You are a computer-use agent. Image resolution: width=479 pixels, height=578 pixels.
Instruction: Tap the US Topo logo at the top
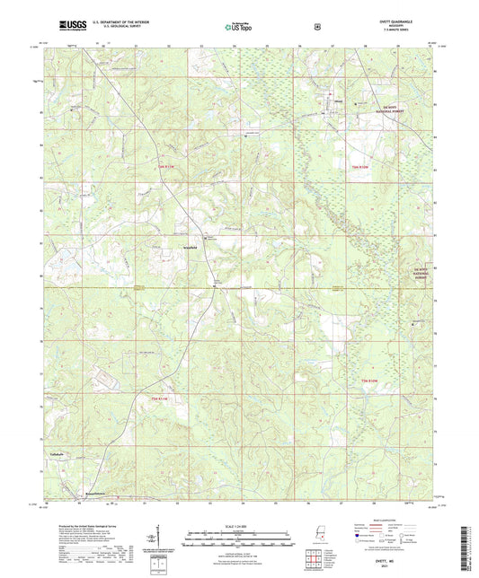click(x=237, y=27)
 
